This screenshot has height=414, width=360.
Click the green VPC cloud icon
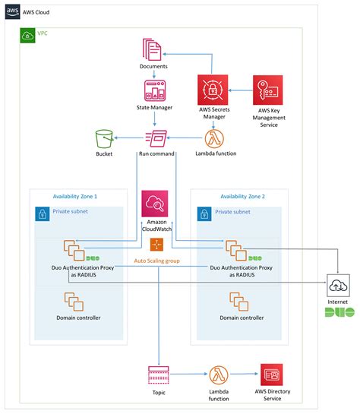(27, 36)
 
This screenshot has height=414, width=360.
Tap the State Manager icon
(153, 90)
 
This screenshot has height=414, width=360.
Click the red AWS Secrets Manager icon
(213, 90)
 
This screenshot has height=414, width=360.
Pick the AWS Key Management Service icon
(268, 90)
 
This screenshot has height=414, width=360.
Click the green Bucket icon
(104, 139)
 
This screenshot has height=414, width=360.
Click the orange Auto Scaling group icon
(156, 244)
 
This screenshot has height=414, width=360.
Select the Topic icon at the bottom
(157, 374)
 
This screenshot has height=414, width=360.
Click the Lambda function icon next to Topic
(218, 374)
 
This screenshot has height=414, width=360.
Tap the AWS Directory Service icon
(272, 374)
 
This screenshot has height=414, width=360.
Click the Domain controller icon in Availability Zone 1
(74, 301)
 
